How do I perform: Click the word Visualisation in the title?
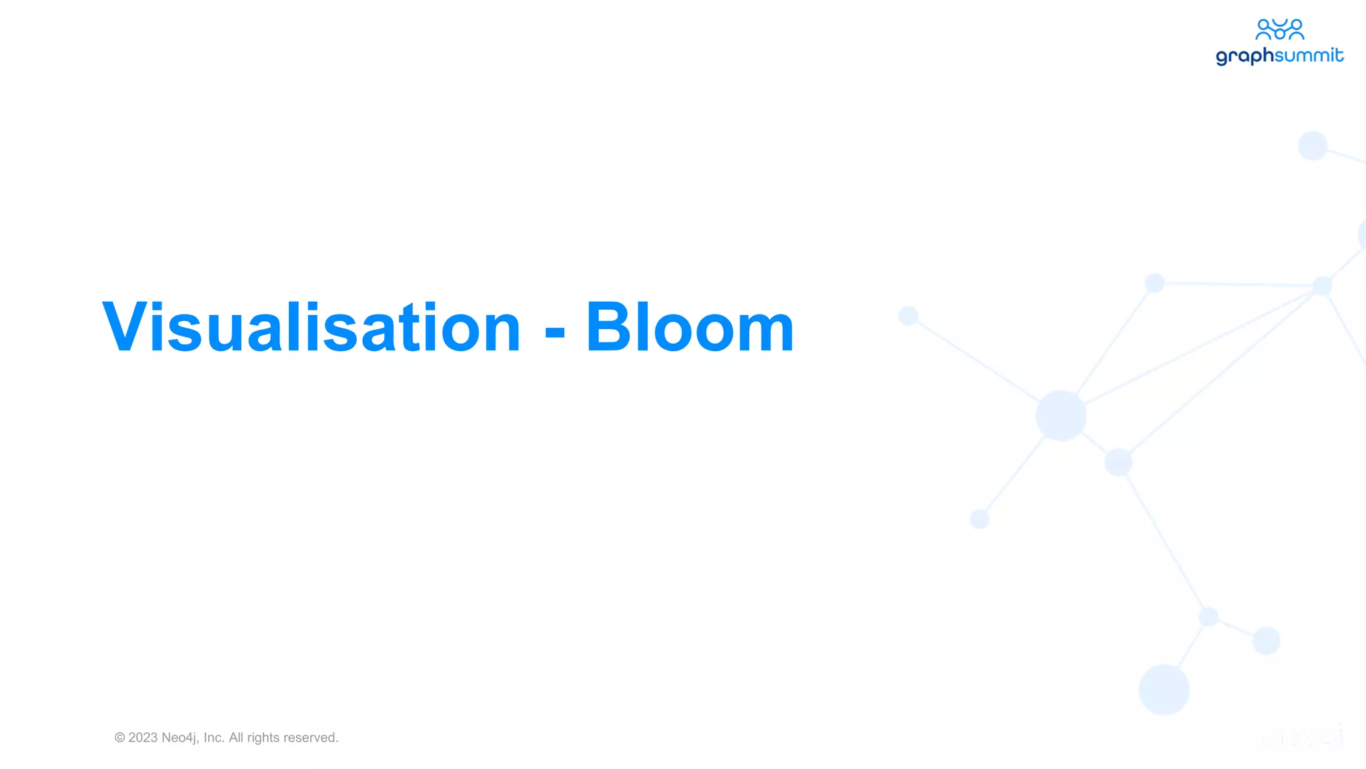coord(311,327)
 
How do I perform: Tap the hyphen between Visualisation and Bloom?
coord(554,331)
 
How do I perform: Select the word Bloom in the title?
coord(690,327)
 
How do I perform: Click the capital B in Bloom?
coord(610,327)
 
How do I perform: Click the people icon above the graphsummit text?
coord(1279,29)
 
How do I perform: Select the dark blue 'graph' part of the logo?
coord(1245,56)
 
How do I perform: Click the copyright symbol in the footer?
coord(120,738)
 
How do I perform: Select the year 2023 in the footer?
coord(143,738)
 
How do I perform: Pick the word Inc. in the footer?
coord(214,738)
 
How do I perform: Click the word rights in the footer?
coord(263,738)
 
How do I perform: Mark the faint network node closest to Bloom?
coord(908,315)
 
